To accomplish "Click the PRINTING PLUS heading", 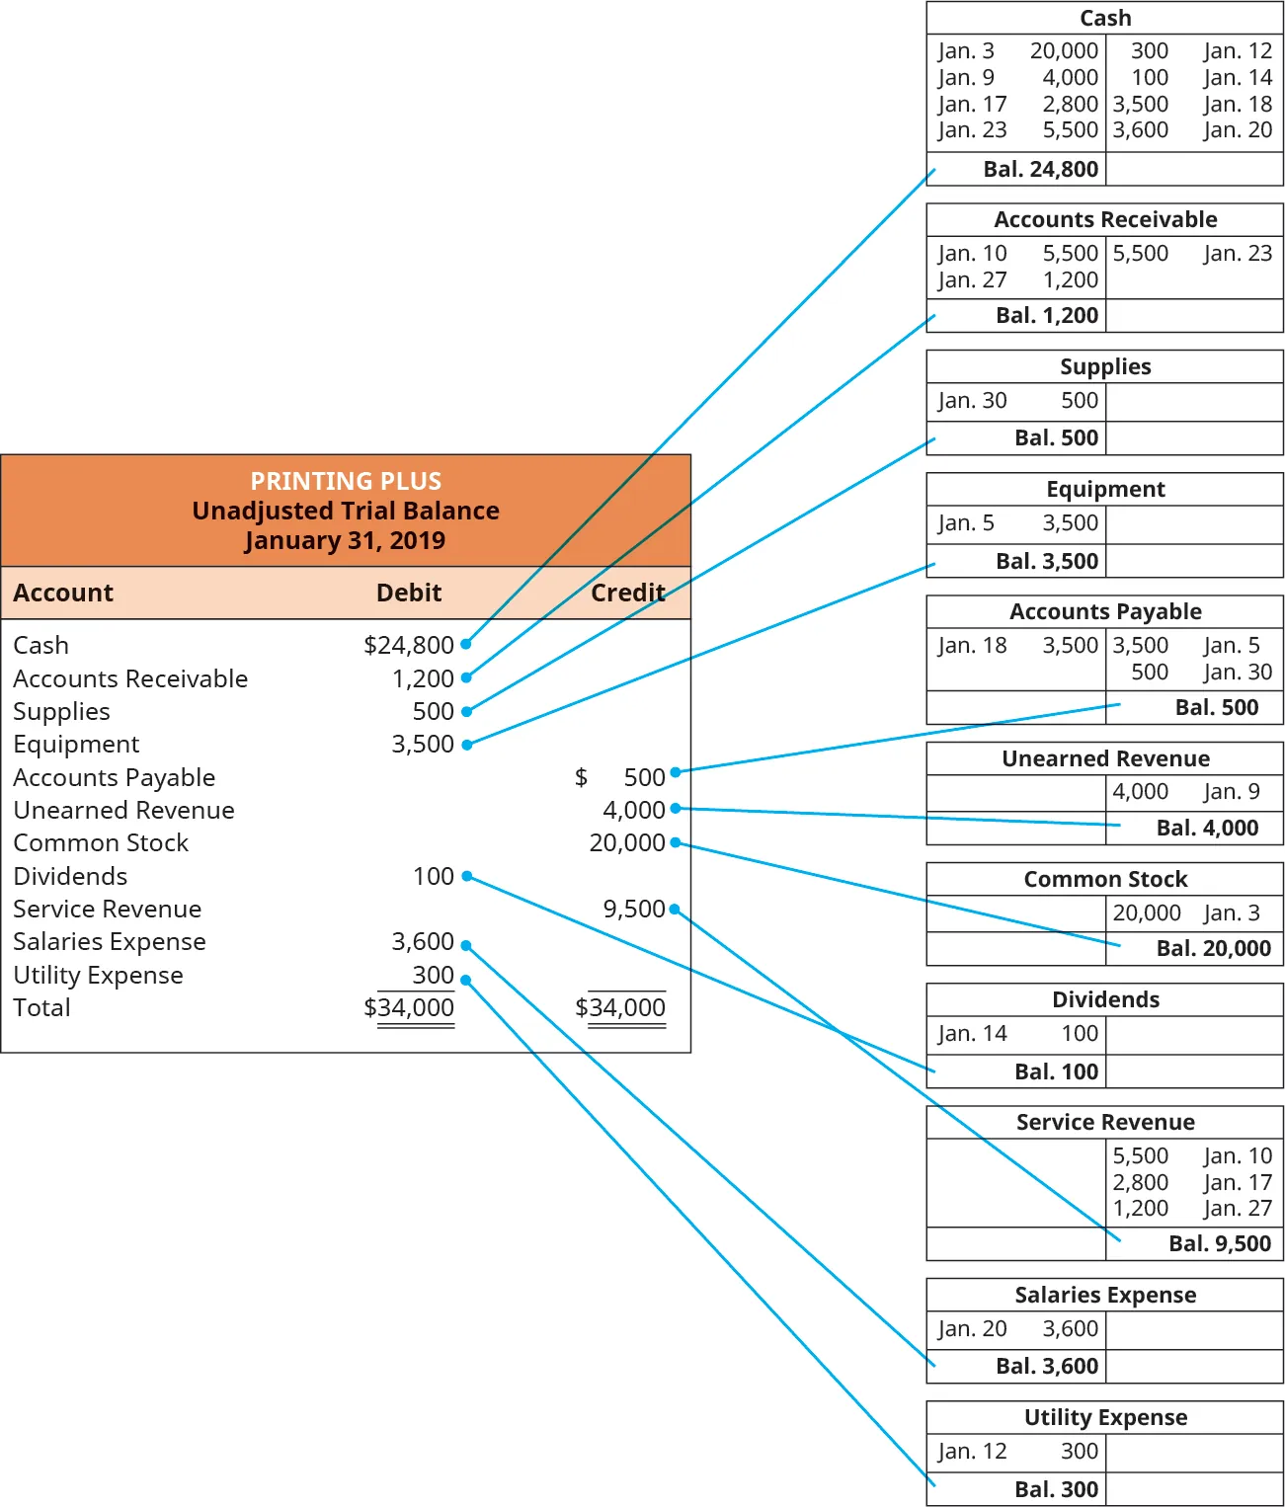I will point(346,481).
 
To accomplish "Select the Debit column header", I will point(409,593).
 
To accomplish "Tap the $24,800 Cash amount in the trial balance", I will point(409,645).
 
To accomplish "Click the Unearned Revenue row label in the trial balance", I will point(123,810).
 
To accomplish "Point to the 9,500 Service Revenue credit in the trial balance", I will point(634,909).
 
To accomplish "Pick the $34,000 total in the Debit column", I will point(409,1007).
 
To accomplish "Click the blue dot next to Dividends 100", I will point(467,876).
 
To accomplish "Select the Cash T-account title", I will point(1105,18).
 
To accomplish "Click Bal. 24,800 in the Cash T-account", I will point(1040,169).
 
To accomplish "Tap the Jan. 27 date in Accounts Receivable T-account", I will point(972,280).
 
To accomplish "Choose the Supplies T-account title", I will point(1105,366).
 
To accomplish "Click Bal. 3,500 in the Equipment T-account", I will point(1047,561).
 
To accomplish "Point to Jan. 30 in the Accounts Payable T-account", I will point(1238,673).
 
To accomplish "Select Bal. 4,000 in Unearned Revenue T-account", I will point(1207,828).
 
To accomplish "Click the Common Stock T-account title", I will point(1105,879).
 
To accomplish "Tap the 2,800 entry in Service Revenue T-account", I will point(1140,1182).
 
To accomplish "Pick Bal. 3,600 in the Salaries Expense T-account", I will point(1047,1366).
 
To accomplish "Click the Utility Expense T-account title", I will point(1105,1417).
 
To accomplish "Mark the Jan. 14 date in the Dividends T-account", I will point(972,1033).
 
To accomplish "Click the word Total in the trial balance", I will point(41,1007).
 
